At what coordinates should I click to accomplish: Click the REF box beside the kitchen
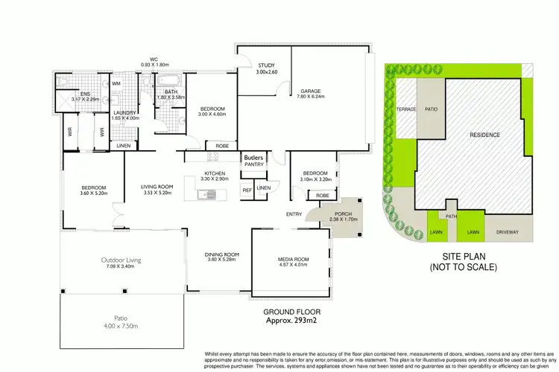(x=247, y=190)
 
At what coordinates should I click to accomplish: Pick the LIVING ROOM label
(x=157, y=187)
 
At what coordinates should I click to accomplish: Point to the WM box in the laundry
(x=116, y=84)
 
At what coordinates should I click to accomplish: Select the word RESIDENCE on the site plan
(x=484, y=135)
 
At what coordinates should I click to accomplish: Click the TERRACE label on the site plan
(x=405, y=108)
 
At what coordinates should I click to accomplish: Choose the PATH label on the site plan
(x=451, y=217)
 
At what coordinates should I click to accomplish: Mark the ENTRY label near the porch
(x=294, y=215)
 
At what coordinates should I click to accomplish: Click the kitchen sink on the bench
(x=206, y=195)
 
